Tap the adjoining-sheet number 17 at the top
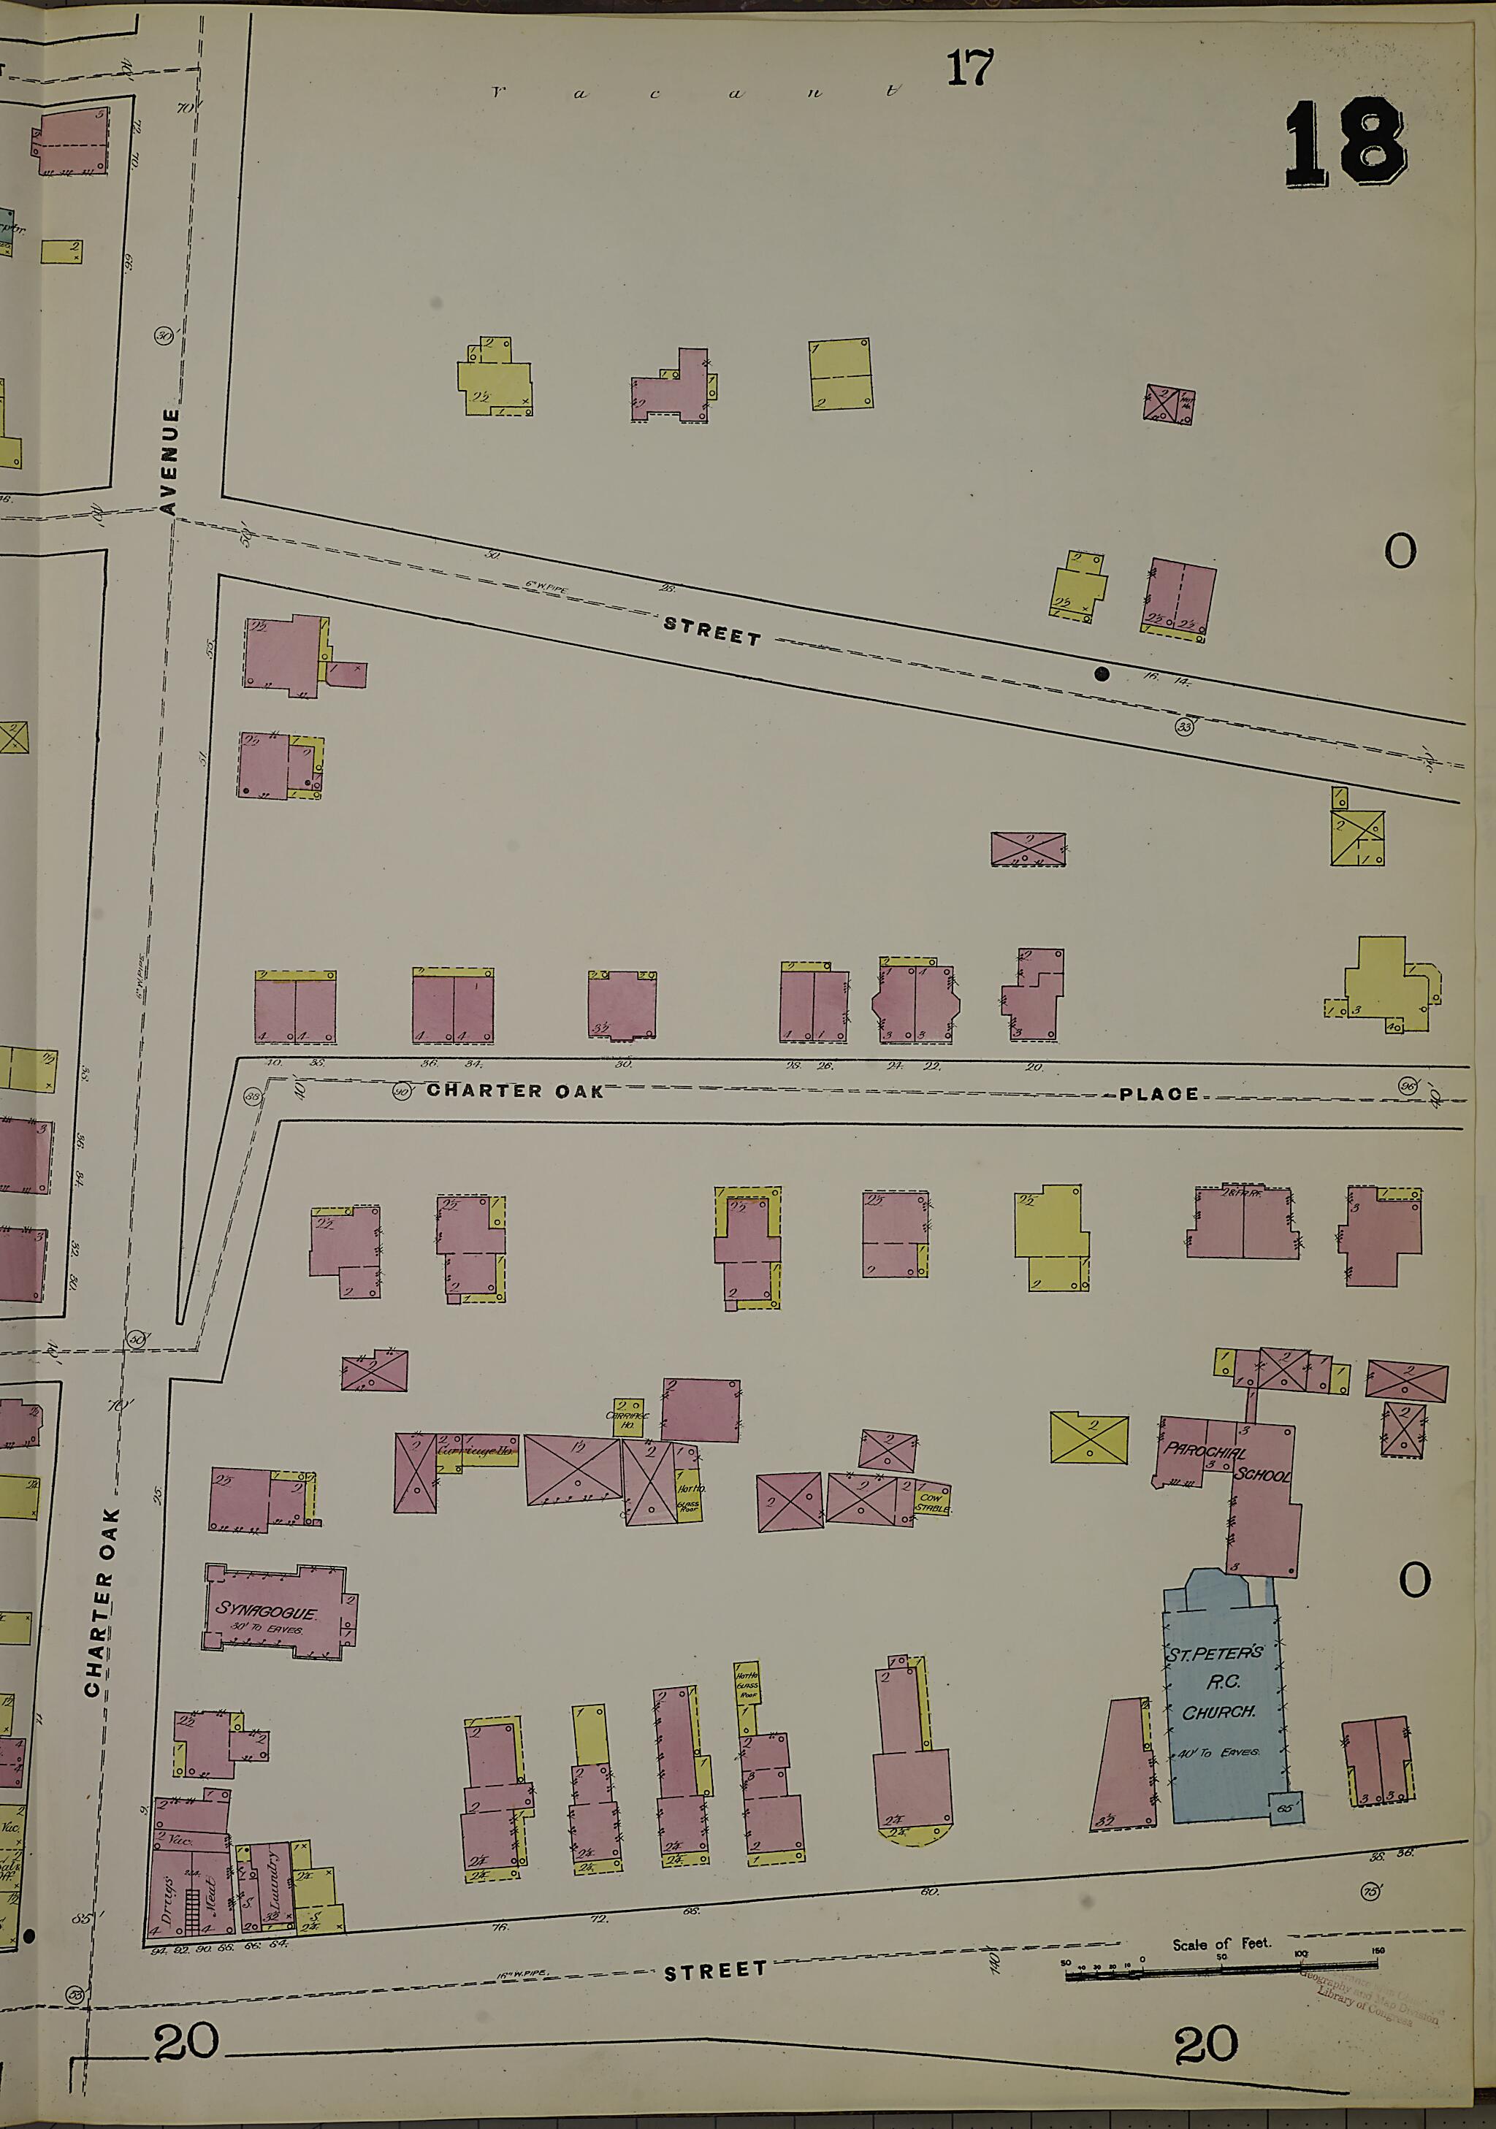[x=969, y=68]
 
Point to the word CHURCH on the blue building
[x=1218, y=1713]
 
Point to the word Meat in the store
[x=210, y=1885]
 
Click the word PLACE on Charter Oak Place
[x=1158, y=1094]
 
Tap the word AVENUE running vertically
[x=169, y=461]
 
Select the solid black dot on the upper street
[x=1101, y=674]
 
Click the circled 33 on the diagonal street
[x=1183, y=727]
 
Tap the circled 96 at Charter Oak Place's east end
[x=1408, y=1086]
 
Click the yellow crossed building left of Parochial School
[x=1089, y=1438]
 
